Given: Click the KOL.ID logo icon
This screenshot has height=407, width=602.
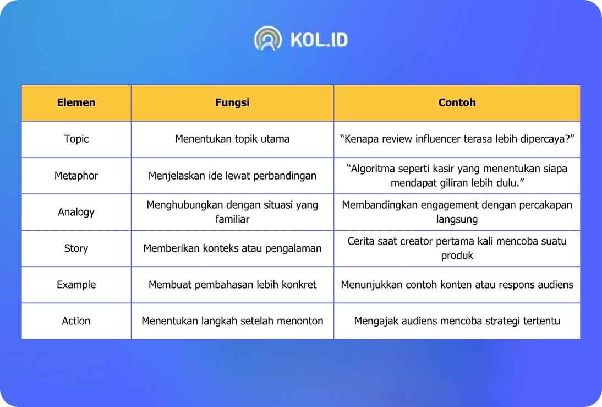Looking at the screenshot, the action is [267, 39].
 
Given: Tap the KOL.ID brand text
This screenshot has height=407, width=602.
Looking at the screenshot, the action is [319, 40].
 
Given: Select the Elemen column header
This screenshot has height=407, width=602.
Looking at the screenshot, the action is [76, 102].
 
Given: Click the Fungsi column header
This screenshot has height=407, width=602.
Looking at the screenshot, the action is [232, 102].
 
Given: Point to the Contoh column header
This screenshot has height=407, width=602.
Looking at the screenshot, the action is [457, 102].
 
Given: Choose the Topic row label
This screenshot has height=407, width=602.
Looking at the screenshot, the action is [76, 139].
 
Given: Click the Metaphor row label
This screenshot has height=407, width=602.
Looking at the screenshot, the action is [76, 176].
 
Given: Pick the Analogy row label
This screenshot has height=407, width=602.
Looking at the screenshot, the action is [76, 212].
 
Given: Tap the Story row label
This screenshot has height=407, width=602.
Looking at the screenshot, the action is [76, 248].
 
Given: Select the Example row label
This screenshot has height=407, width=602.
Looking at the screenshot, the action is [76, 285].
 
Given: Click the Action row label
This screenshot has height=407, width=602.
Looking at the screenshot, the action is [76, 321].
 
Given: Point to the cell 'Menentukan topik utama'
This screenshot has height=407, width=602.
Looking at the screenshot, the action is [232, 139].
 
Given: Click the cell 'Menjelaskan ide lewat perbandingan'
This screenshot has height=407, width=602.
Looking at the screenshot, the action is [232, 176].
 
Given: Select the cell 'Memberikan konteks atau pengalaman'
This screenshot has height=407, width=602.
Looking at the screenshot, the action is [232, 248].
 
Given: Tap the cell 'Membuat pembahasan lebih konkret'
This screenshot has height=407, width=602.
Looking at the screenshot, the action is [232, 285].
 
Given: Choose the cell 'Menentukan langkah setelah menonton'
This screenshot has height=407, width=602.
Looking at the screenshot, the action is [232, 321].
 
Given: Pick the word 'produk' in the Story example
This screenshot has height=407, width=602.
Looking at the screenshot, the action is [457, 256].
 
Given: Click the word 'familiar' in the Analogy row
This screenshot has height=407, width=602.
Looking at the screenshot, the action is [232, 219].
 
